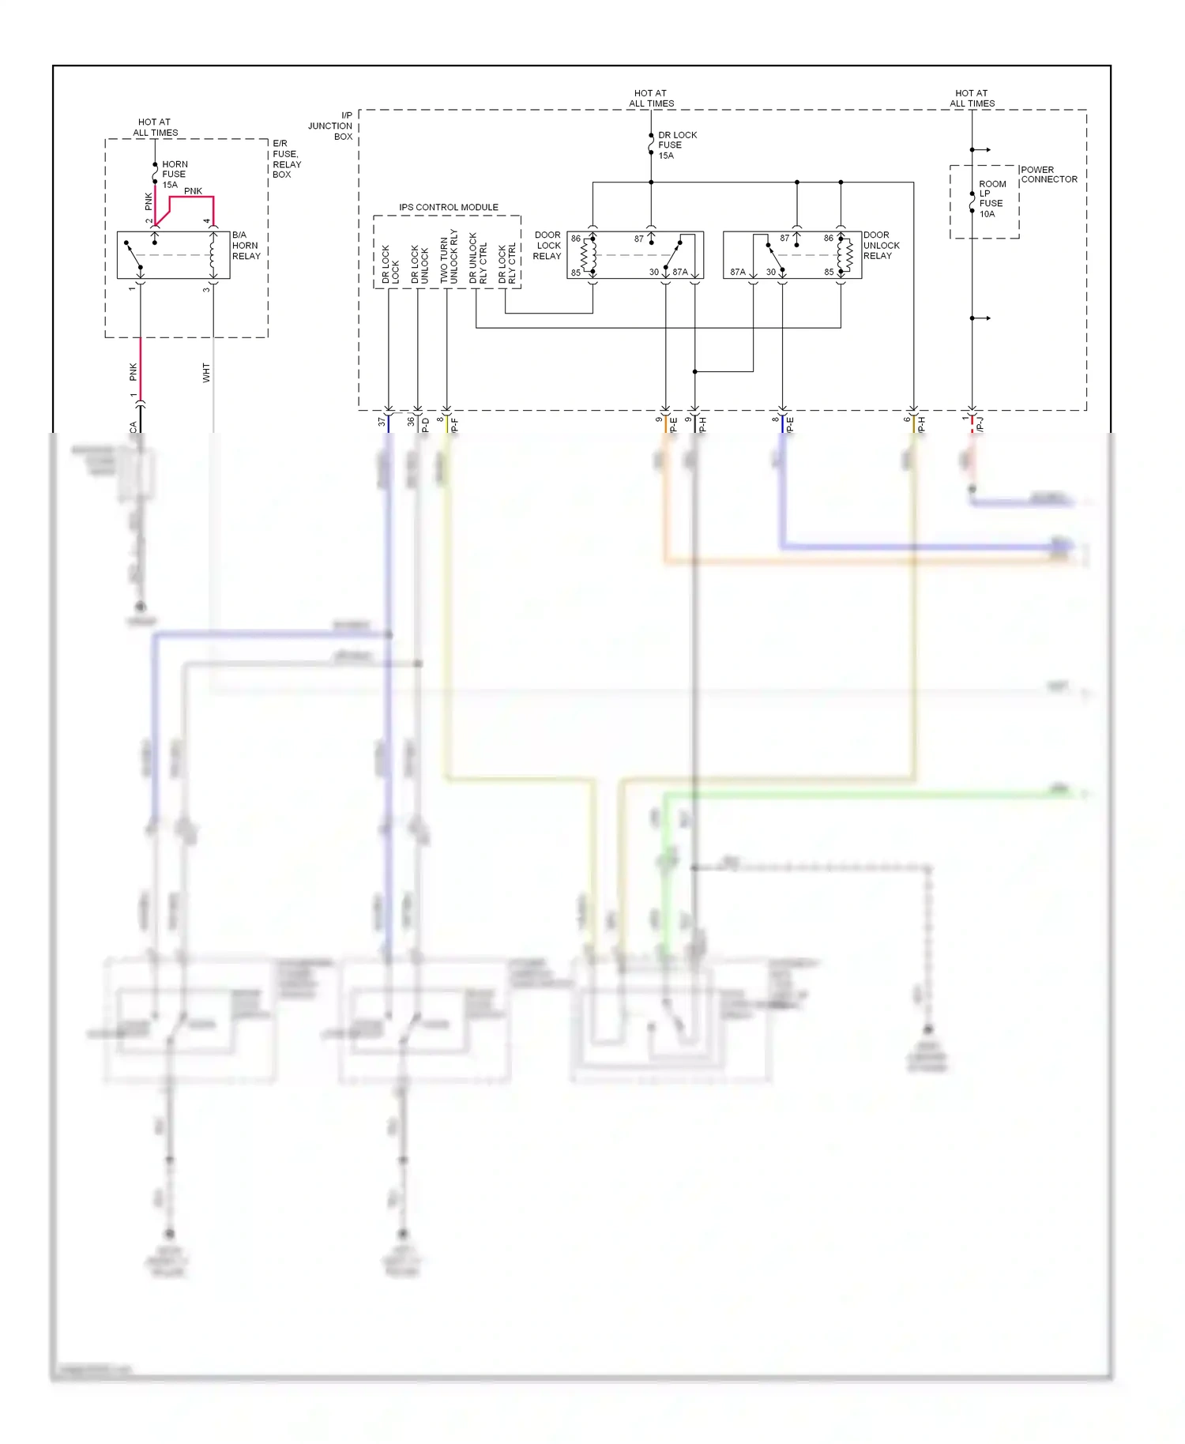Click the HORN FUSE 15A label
[x=174, y=175]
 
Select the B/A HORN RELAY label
[x=246, y=246]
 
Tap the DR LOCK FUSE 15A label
[x=677, y=145]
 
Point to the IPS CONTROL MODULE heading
[x=448, y=208]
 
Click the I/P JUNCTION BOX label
[x=331, y=126]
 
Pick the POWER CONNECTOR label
[x=1048, y=175]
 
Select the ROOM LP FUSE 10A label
[x=992, y=199]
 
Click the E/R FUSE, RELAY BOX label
[x=286, y=159]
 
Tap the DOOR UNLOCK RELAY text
[x=881, y=246]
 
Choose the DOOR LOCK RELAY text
[x=547, y=246]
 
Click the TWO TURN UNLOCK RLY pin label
[x=449, y=257]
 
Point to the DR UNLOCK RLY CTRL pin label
[x=478, y=258]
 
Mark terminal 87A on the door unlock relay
[x=737, y=272]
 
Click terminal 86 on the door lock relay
[x=576, y=239]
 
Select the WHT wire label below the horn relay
[x=206, y=373]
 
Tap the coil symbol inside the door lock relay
[x=589, y=254]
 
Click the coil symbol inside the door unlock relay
[x=845, y=254]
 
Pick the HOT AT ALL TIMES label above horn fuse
[x=155, y=127]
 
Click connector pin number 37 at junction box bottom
[x=382, y=422]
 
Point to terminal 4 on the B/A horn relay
[x=207, y=222]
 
